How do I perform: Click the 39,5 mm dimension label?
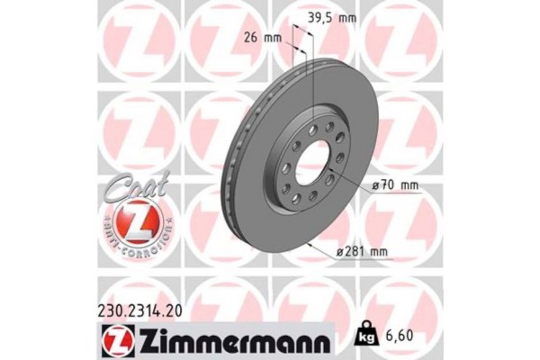[331, 15]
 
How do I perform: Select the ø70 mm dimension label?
[395, 186]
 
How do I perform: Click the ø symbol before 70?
[375, 186]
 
